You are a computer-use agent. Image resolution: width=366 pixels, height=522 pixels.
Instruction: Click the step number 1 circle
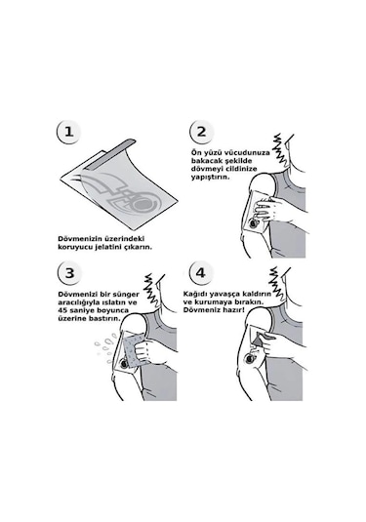(68, 132)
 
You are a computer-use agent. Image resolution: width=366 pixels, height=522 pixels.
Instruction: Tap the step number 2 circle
(201, 132)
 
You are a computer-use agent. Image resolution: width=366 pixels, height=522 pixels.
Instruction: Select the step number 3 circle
(69, 273)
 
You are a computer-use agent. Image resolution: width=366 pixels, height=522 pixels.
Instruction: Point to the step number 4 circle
(200, 273)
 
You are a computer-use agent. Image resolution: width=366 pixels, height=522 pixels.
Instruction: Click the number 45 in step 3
(62, 310)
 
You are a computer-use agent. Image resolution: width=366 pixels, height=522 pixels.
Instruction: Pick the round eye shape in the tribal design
(144, 203)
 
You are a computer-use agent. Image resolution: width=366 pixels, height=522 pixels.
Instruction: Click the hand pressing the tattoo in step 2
(268, 208)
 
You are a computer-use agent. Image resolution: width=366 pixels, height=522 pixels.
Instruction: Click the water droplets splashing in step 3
(106, 349)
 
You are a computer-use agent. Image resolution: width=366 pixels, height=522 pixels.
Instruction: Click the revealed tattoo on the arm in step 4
(252, 359)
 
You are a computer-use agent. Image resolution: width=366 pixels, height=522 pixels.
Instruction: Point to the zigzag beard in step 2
(279, 151)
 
